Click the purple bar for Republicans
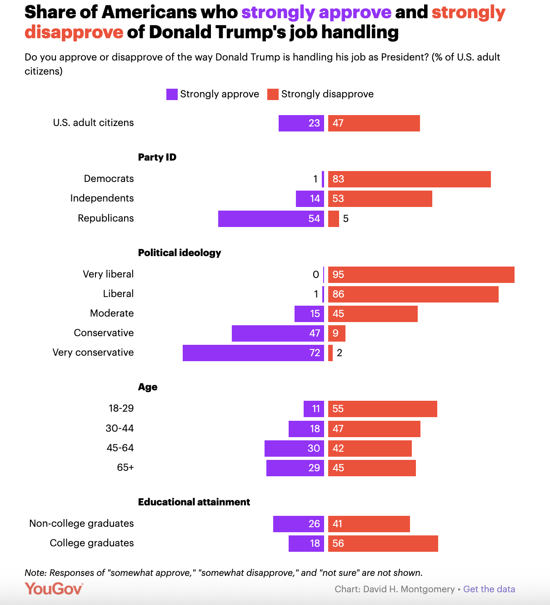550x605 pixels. [x=271, y=219]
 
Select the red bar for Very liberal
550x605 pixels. [x=421, y=275]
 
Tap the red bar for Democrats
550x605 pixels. [x=409, y=179]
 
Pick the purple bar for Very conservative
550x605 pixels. [x=253, y=353]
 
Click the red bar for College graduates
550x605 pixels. [x=383, y=544]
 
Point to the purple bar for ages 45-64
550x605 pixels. [x=294, y=449]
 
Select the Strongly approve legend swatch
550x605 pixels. [x=172, y=94]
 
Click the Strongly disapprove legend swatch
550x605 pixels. [x=273, y=94]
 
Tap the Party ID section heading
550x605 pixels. [x=157, y=157]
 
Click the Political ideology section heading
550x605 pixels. [x=180, y=253]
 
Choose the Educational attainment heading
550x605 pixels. [x=194, y=502]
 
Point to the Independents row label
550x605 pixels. [x=102, y=198]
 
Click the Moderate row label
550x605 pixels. [x=112, y=313]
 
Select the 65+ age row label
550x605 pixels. [x=125, y=468]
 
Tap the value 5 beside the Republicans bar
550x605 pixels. [x=346, y=219]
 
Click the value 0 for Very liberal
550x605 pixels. [x=316, y=275]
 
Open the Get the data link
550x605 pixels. [x=489, y=589]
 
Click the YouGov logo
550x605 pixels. [x=54, y=589]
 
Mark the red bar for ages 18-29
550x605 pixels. [x=382, y=409]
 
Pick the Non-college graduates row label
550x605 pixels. [x=81, y=524]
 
